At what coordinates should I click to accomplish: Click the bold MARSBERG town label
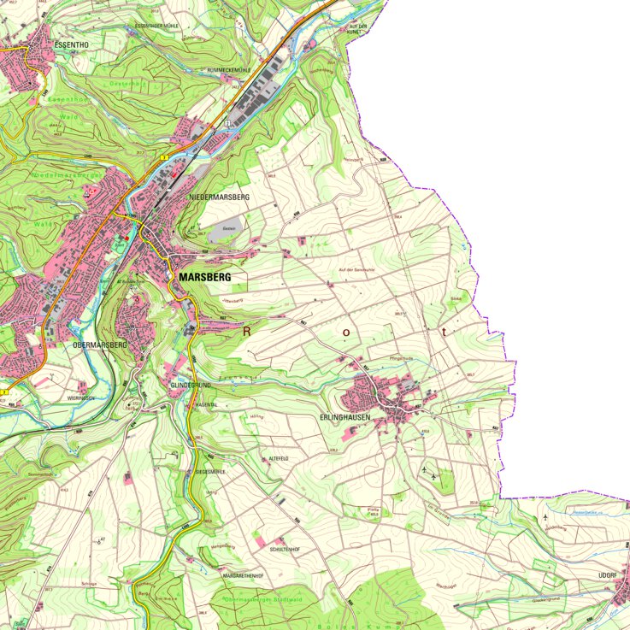(x=205, y=278)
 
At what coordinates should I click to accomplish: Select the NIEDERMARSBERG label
(x=218, y=197)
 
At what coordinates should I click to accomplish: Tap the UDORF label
(x=608, y=575)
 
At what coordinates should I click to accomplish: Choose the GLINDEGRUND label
(x=191, y=386)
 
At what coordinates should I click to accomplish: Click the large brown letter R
(x=248, y=331)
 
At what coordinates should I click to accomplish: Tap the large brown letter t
(x=444, y=330)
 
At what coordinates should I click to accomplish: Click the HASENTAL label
(x=208, y=404)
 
